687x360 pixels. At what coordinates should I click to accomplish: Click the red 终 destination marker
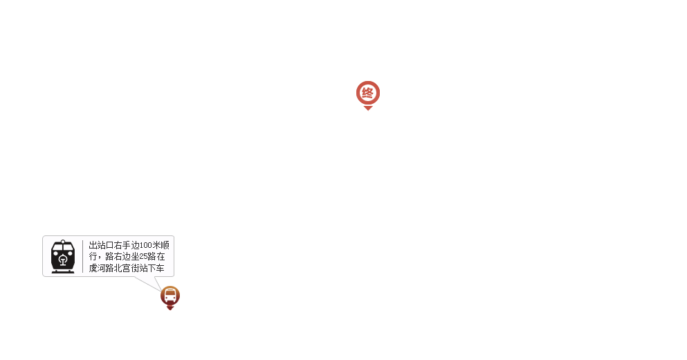coord(367,93)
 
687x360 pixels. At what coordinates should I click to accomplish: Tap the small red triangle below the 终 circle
coord(368,108)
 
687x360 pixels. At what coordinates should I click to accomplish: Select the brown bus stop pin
coord(170,296)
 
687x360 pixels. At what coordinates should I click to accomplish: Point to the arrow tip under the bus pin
coord(170,308)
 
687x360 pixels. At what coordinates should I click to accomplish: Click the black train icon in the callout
coord(63,256)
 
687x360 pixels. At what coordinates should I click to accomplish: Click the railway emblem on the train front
coord(63,261)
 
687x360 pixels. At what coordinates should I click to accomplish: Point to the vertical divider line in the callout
coord(82,256)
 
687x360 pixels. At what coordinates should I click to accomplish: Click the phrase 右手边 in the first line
coord(127,245)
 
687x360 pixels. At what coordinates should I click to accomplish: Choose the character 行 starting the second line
coord(93,257)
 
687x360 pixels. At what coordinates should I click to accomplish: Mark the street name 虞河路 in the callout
coord(101,268)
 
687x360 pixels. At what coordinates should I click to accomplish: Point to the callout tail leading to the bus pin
coord(159,283)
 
